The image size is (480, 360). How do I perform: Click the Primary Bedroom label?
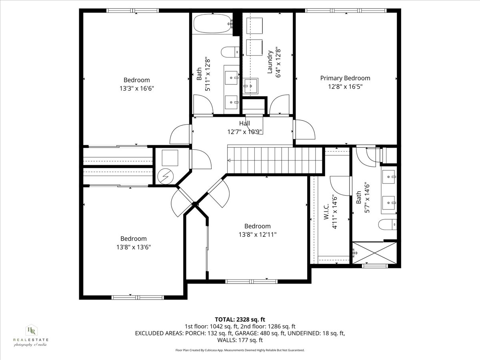pyautogui.click(x=345, y=78)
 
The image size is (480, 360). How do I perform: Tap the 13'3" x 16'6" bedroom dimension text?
pyautogui.click(x=136, y=88)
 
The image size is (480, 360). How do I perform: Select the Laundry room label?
pyautogui.click(x=270, y=62)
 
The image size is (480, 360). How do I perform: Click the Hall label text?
pyautogui.click(x=244, y=124)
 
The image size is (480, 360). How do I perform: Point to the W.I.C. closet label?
pyautogui.click(x=326, y=212)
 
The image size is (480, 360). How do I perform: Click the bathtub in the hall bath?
pyautogui.click(x=212, y=24)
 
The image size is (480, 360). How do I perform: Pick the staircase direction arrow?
pyautogui.click(x=230, y=161)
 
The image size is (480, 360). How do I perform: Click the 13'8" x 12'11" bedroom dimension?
pyautogui.click(x=257, y=234)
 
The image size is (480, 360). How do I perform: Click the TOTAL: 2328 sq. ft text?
pyautogui.click(x=240, y=319)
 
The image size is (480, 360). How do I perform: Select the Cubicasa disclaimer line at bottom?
pyautogui.click(x=240, y=350)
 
